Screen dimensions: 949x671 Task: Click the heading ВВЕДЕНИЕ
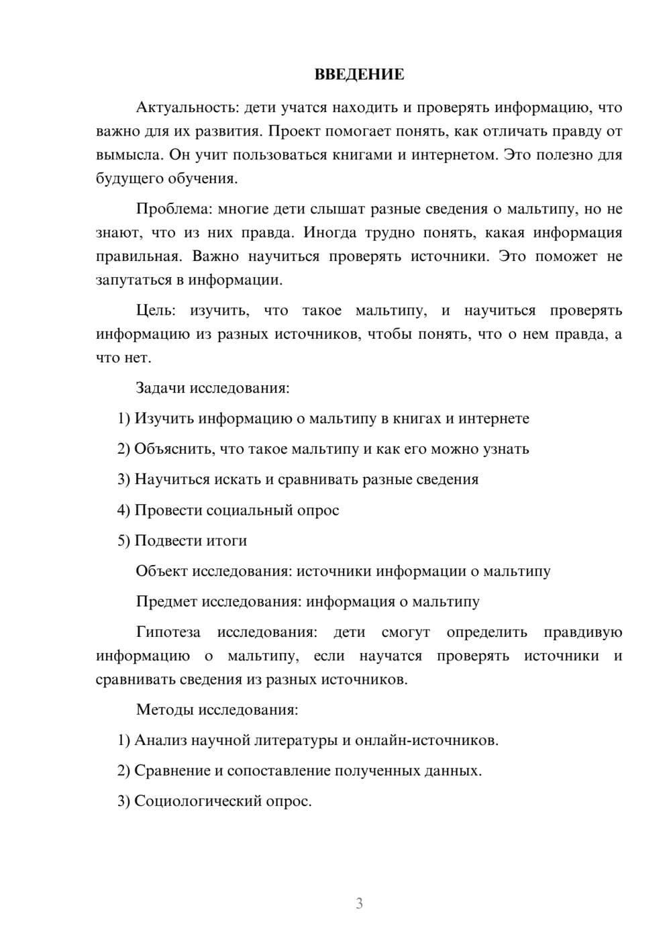(359, 74)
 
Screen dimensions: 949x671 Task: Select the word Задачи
(161, 388)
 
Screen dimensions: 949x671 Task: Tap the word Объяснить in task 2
(176, 449)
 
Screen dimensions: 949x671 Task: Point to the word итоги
(224, 540)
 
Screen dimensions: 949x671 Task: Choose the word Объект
(162, 571)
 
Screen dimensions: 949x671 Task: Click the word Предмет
(166, 601)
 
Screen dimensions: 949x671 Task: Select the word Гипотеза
(168, 632)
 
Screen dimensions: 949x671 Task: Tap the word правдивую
(582, 632)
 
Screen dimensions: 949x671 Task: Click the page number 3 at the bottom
(359, 903)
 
